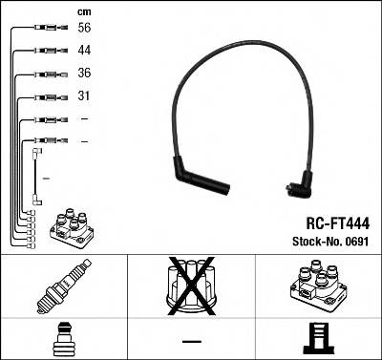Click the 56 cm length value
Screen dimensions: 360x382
(84, 30)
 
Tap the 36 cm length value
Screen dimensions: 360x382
(84, 74)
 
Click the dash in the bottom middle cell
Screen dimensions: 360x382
(192, 341)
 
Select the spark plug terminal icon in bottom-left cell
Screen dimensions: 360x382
(61, 339)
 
